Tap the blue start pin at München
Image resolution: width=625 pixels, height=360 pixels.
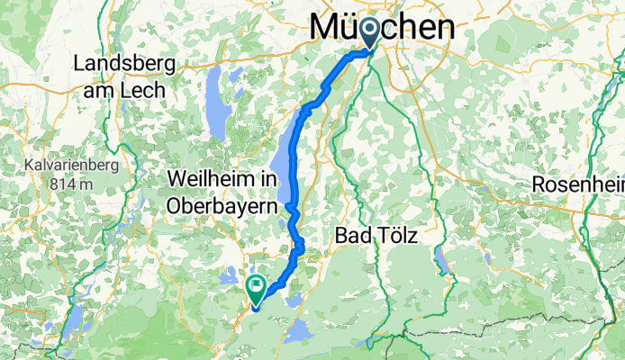pyautogui.click(x=370, y=34)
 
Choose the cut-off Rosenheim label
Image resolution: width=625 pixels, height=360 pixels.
pyautogui.click(x=577, y=184)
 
